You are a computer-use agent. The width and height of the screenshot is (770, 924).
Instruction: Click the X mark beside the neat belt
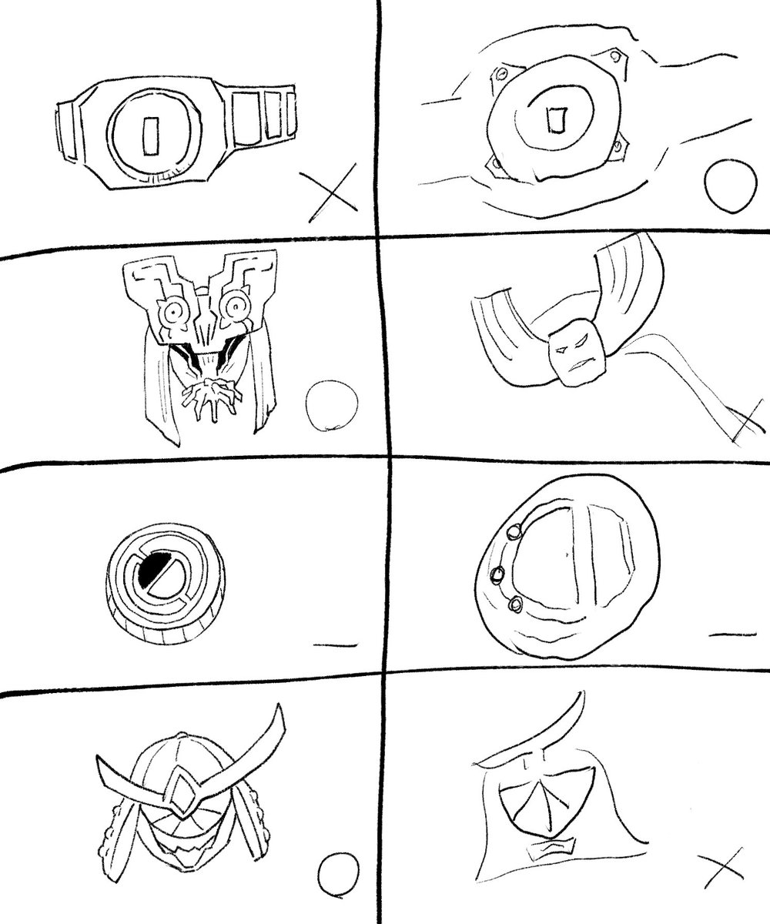(x=328, y=190)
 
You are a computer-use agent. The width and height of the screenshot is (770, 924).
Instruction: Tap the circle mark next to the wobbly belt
(x=727, y=185)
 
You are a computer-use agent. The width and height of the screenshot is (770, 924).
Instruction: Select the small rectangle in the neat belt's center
(x=151, y=133)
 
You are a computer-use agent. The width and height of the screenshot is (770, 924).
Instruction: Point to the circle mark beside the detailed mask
(x=332, y=407)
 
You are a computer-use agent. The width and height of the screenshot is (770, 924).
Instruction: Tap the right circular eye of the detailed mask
(x=230, y=308)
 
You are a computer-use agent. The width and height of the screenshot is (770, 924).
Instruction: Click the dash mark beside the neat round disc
(x=336, y=643)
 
